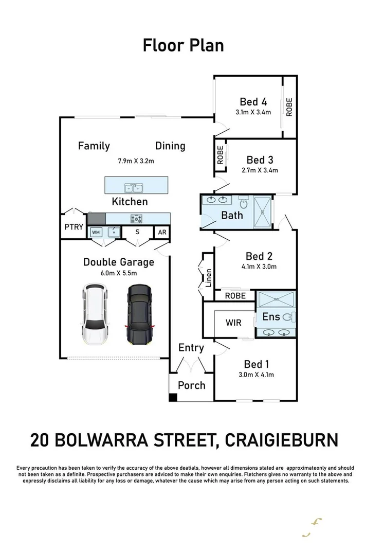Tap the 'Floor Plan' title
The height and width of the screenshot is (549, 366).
tap(183, 45)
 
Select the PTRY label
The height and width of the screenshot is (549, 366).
tap(74, 227)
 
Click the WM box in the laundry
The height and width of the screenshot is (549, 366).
tap(96, 233)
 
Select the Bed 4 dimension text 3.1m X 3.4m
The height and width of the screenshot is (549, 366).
tap(252, 113)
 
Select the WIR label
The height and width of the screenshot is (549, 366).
tap(234, 323)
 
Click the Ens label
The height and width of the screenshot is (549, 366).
tap(271, 316)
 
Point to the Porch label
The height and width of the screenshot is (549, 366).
tap(191, 385)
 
